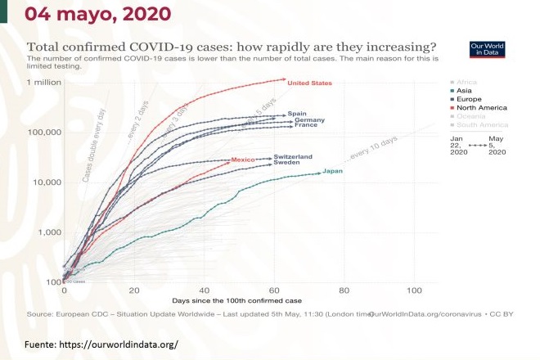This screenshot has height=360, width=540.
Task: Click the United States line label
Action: click(309, 83)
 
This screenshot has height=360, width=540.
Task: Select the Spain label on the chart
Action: click(296, 114)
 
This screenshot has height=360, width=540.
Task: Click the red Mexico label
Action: click(244, 159)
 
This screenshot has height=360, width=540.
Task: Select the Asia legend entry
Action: click(462, 92)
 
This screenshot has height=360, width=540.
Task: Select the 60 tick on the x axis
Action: click(274, 290)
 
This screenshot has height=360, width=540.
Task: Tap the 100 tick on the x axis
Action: click(414, 290)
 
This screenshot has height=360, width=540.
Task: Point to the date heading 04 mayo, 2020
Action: click(87, 13)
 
